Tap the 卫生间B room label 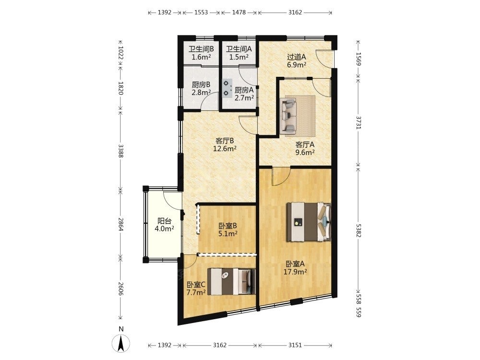pyautogui.click(x=201, y=49)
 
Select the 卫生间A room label pyautogui.click(x=239, y=49)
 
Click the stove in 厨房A pyautogui.click(x=227, y=88)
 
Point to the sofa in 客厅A pyautogui.click(x=288, y=115)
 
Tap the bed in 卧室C pyautogui.click(x=231, y=282)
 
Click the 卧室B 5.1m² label pyautogui.click(x=228, y=230)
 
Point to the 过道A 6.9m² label pyautogui.click(x=297, y=60)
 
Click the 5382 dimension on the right pyautogui.click(x=358, y=228)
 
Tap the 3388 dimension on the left pyautogui.click(x=120, y=151)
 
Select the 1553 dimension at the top pyautogui.click(x=201, y=12)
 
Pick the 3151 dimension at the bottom pyautogui.click(x=295, y=345)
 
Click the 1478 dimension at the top pyautogui.click(x=239, y=12)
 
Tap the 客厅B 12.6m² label pyautogui.click(x=225, y=145)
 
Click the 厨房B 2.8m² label pyautogui.click(x=201, y=88)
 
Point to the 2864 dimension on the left pyautogui.click(x=120, y=224)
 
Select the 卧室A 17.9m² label pyautogui.click(x=295, y=268)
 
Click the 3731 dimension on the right pyautogui.click(x=358, y=122)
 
